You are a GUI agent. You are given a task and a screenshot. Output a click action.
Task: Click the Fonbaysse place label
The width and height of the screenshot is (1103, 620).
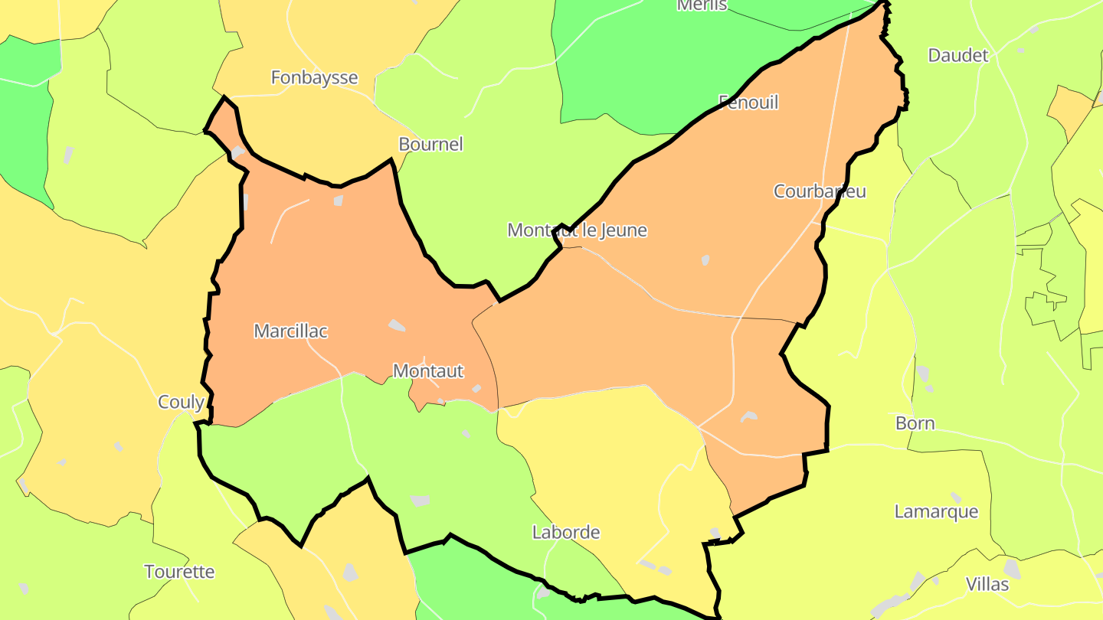tap(314, 77)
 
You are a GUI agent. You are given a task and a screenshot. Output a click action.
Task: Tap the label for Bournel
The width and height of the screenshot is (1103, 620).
tap(430, 144)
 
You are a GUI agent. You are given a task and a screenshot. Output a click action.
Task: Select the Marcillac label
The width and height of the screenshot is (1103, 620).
tap(290, 331)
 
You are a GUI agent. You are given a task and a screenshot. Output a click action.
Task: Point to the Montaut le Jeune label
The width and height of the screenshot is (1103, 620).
tap(577, 230)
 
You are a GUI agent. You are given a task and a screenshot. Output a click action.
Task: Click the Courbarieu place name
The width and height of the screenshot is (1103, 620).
tap(820, 191)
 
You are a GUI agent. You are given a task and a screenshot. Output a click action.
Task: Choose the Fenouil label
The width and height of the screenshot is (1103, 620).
tap(748, 102)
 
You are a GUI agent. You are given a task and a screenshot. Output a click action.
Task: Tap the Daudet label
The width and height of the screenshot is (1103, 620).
tap(958, 55)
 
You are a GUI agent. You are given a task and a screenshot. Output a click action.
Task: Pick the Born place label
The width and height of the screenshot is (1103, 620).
tap(915, 423)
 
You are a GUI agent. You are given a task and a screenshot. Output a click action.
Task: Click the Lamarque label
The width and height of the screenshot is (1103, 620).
tap(936, 511)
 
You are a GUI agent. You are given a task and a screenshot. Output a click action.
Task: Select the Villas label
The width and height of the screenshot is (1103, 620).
tap(987, 584)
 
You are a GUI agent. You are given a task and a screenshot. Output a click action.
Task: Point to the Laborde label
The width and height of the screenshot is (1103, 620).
tap(566, 531)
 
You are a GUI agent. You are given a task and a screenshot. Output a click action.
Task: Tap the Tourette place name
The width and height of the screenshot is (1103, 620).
tap(179, 571)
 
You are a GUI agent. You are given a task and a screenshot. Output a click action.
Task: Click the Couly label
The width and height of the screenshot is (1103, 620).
tap(181, 402)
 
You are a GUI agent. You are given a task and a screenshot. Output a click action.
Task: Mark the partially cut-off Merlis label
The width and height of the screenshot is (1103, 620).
tap(702, 5)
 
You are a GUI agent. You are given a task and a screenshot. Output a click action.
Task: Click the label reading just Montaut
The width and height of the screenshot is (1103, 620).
tap(428, 370)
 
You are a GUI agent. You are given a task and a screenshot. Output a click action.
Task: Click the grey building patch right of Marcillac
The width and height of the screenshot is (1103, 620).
tap(397, 325)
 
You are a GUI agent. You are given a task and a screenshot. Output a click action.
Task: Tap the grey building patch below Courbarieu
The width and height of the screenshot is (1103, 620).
tap(705, 260)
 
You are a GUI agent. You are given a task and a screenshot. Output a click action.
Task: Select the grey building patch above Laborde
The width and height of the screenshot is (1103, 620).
tap(420, 501)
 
